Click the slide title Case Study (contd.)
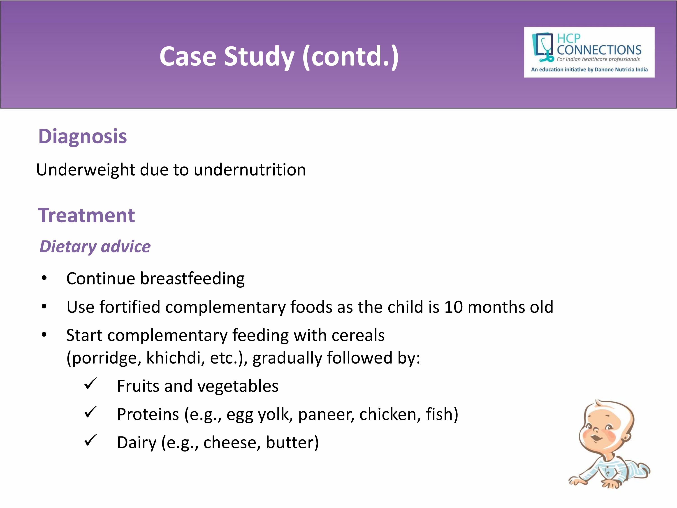(x=279, y=57)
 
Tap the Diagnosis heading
(x=83, y=136)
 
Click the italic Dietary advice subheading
(x=95, y=247)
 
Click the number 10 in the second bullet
(x=454, y=307)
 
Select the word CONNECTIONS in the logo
(x=599, y=50)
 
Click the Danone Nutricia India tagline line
(x=589, y=70)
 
